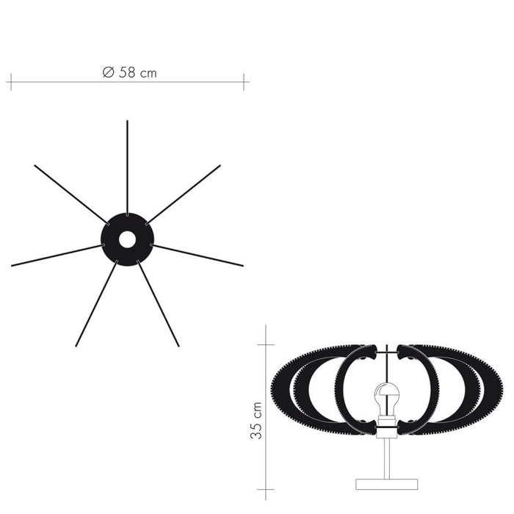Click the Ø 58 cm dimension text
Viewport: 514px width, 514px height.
[129, 73]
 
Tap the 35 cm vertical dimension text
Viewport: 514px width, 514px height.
[256, 420]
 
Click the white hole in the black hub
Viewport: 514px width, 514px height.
[127, 239]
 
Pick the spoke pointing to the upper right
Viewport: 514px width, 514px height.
[184, 195]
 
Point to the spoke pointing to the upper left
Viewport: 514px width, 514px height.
[71, 195]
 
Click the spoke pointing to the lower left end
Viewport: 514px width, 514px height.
[96, 303]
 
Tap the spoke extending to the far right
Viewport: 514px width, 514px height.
[197, 255]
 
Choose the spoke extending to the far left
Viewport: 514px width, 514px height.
[58, 255]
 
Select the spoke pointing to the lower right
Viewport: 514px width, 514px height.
[158, 303]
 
